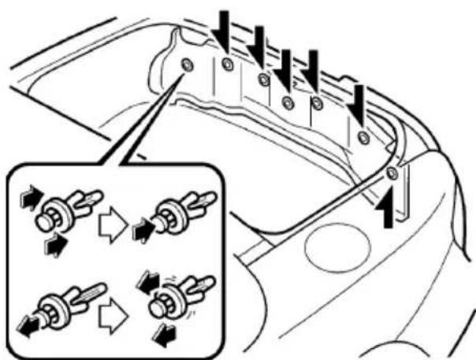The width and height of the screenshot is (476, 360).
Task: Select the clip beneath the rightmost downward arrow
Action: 363,137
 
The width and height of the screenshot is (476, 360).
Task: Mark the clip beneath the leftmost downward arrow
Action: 227,65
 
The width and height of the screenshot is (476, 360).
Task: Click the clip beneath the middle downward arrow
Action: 287,102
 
